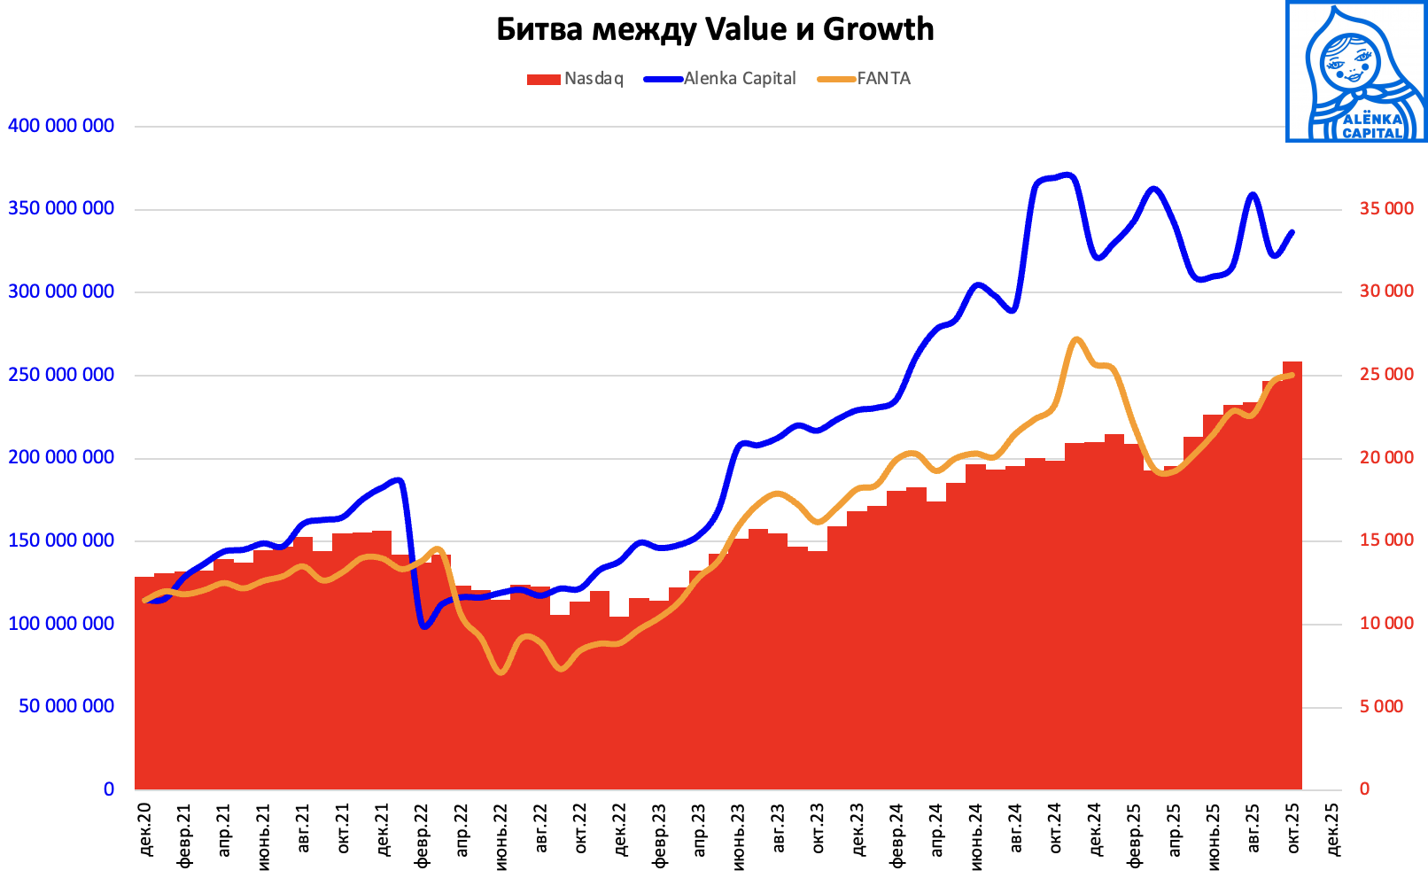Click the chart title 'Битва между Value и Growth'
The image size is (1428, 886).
[x=714, y=29]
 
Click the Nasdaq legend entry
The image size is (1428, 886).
[x=576, y=79]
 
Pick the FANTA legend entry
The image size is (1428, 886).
[x=865, y=79]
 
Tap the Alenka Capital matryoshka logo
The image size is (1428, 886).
[x=1355, y=72]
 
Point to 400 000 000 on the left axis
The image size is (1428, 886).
[x=61, y=126]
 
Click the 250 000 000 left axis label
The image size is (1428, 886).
[x=61, y=375]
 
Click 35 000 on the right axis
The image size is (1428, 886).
[x=1386, y=209]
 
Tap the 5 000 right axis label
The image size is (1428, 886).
[x=1381, y=706]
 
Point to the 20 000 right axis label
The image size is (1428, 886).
[x=1386, y=457]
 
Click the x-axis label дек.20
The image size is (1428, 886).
[x=145, y=829]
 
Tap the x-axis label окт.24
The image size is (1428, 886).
[x=1055, y=829]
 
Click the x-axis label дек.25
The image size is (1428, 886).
[x=1332, y=829]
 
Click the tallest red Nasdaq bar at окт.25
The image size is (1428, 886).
[x=1292, y=576]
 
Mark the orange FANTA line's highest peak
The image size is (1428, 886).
[x=1075, y=339]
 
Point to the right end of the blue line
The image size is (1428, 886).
[x=1292, y=232]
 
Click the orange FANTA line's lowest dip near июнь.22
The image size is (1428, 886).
[x=501, y=672]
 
